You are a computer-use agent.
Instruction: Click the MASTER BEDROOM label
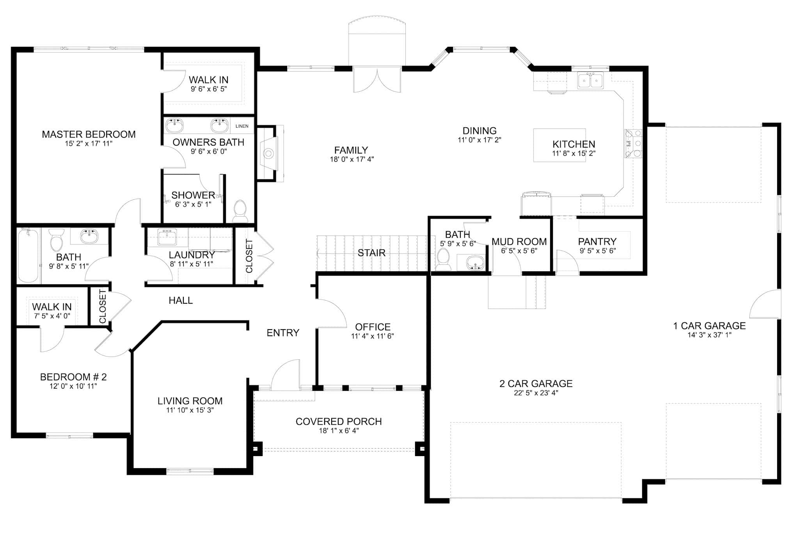click(89, 134)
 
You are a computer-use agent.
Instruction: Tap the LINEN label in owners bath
click(242, 126)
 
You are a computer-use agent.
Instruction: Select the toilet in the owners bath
click(240, 211)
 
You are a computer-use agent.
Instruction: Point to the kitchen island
click(559, 145)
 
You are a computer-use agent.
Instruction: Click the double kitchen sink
click(590, 81)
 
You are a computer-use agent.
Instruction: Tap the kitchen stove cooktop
click(633, 144)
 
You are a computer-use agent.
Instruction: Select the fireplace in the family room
click(268, 153)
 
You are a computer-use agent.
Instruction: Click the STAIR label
click(371, 253)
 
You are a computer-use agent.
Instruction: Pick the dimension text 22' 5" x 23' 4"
click(536, 393)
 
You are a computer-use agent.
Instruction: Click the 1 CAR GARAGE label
click(709, 326)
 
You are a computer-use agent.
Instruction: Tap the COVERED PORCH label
click(339, 422)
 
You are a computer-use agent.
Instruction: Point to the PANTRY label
click(597, 241)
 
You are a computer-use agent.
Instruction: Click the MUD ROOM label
click(519, 241)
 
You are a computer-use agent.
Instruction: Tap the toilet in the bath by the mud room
click(443, 259)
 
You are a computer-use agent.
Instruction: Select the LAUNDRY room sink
click(167, 237)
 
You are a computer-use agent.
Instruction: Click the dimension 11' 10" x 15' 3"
click(190, 410)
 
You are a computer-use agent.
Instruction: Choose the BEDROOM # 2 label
click(73, 377)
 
